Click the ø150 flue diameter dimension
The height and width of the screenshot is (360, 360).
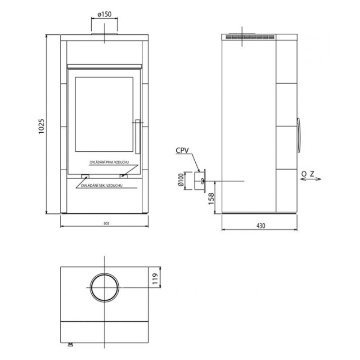pyautogui.click(x=104, y=14)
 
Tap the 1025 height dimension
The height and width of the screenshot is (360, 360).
pyautogui.click(x=41, y=126)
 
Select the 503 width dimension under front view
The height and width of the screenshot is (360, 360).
pyautogui.click(x=106, y=223)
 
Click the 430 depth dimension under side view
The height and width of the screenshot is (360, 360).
pyautogui.click(x=261, y=226)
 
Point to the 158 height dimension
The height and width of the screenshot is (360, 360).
pyautogui.click(x=211, y=199)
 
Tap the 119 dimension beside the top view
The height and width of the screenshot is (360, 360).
pyautogui.click(x=155, y=279)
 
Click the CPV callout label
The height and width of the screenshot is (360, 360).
pyautogui.click(x=182, y=150)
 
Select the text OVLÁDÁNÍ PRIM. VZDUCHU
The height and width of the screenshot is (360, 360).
pyautogui.click(x=109, y=162)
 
